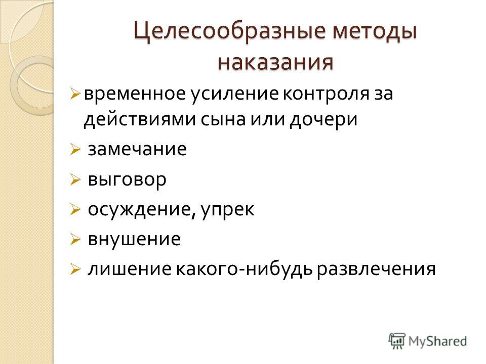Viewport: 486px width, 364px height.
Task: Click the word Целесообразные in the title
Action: pos(230,32)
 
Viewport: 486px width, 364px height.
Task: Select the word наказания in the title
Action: pos(275,62)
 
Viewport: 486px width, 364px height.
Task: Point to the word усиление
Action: pos(234,95)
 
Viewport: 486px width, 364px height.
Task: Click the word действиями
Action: pos(140,120)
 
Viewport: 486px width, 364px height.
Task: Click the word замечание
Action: pos(137,150)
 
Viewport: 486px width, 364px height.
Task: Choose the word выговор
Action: pos(127,180)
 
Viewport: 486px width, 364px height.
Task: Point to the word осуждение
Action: pos(140,209)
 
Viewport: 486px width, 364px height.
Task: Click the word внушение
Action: pos(134,239)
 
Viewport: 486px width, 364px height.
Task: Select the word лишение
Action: pos(129,269)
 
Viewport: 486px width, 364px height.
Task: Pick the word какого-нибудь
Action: pos(245,268)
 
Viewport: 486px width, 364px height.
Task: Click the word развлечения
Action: pos(376,269)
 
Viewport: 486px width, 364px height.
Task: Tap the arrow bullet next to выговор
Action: pos(75,180)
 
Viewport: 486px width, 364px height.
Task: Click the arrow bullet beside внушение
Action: pos(75,240)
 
